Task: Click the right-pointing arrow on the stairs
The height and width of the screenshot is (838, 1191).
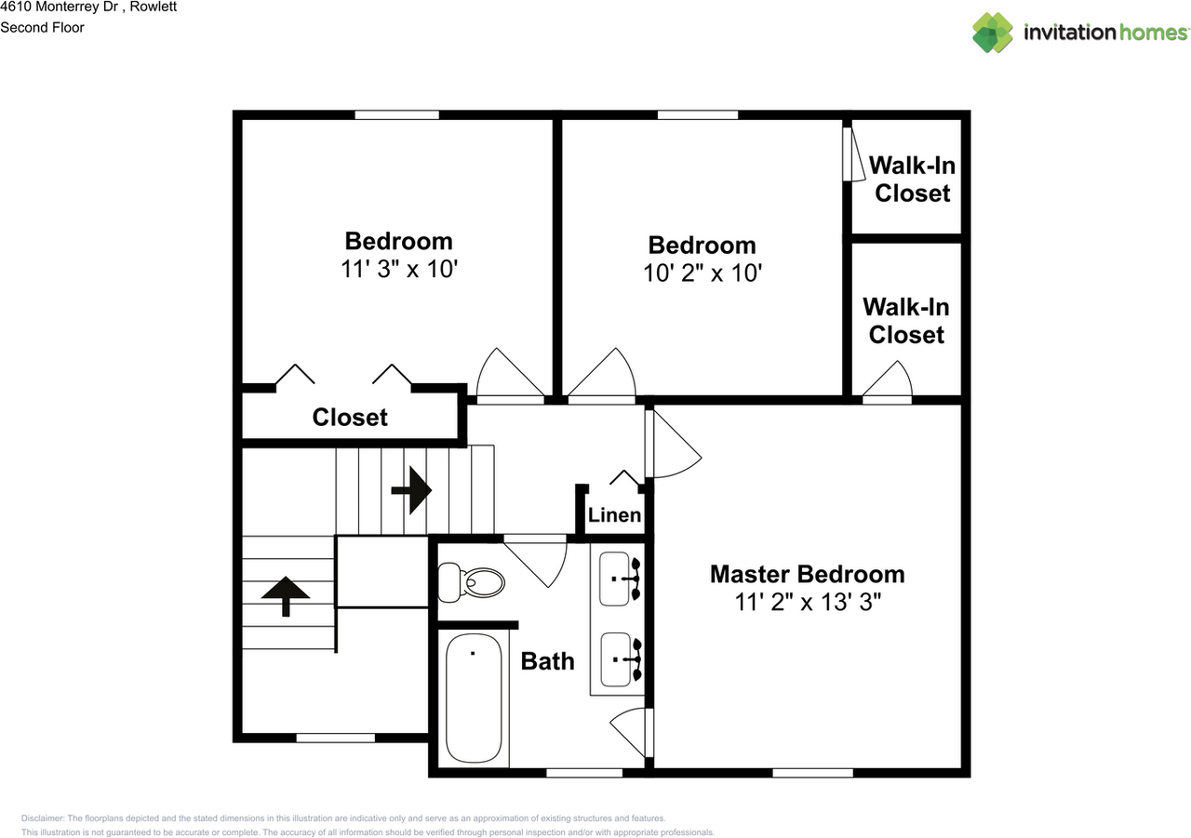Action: point(411,489)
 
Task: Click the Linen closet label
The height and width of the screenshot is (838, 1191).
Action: point(614,514)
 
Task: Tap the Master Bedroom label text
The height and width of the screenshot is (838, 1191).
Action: point(807,574)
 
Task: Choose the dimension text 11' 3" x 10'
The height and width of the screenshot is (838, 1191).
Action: point(399,269)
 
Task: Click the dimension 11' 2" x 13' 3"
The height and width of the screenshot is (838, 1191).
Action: point(807,602)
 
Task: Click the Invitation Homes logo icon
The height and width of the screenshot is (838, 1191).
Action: point(993,33)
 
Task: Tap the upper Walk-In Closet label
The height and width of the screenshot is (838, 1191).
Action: point(912,180)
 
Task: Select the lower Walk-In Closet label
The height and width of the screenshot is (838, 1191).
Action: point(906,320)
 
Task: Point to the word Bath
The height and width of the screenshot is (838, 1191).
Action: point(547,661)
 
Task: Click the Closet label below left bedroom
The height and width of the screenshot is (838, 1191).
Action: point(350,418)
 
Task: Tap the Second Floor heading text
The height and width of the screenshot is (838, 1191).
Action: point(43,28)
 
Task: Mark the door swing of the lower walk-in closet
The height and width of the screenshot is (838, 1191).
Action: point(889,381)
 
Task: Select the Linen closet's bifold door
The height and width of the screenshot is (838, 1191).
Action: point(624,479)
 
